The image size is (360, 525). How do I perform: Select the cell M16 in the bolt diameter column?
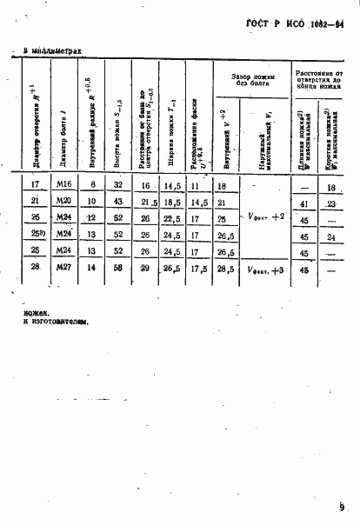(63, 186)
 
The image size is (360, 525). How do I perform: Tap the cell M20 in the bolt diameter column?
(63, 202)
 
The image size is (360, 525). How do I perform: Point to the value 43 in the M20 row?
(117, 202)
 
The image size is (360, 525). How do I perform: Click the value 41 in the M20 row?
(305, 203)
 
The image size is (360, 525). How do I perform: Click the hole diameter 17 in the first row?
(36, 186)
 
